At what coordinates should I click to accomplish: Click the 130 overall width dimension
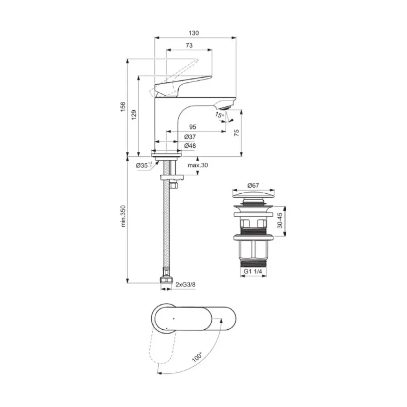pos(194,33)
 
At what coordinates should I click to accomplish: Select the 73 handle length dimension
pos(189,46)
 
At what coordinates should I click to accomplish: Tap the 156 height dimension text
pos(123,107)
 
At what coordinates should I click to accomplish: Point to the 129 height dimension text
pos(134,115)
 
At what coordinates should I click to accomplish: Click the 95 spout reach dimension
pos(193,127)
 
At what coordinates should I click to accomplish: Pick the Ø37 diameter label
pos(190,136)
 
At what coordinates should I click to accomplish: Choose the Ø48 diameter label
pos(190,146)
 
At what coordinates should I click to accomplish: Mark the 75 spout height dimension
pos(236,133)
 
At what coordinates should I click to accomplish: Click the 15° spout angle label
pos(219,115)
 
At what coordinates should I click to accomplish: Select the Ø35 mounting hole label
pos(144,165)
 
